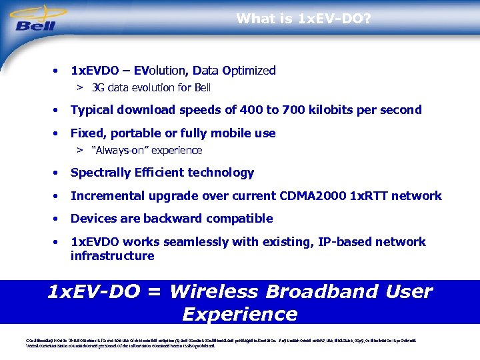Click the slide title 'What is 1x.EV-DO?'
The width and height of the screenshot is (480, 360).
tap(303, 19)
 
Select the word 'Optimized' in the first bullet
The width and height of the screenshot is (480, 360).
tap(249, 70)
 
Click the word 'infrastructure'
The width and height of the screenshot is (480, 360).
tap(112, 256)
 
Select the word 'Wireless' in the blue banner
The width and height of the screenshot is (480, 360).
tap(227, 292)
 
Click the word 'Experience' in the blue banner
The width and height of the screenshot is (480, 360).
tap(239, 314)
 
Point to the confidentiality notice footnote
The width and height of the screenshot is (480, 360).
tap(220, 342)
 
